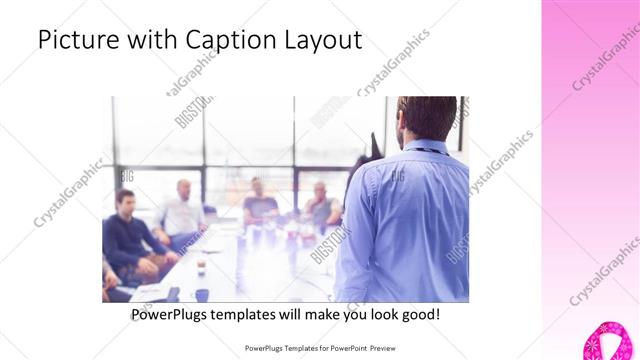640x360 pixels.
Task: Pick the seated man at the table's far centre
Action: point(258,200)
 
